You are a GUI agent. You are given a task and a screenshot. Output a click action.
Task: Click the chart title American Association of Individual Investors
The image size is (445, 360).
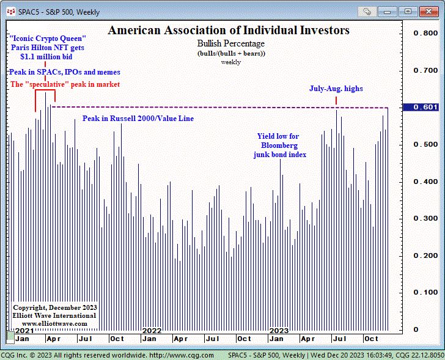point(229,31)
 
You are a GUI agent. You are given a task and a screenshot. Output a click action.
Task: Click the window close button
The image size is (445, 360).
point(427,11)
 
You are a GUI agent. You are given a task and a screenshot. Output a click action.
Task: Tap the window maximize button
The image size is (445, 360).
point(408,11)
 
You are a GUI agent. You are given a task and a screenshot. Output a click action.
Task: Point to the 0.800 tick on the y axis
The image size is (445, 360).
point(425,34)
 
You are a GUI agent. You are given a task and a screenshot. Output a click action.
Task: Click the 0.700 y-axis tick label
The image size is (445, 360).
point(425,70)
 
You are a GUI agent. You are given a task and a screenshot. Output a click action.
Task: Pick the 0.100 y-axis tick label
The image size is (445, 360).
point(425,292)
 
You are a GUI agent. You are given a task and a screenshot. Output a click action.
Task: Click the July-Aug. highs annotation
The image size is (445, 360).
point(336,89)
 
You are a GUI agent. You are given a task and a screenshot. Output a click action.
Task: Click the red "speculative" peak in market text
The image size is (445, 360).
point(65,84)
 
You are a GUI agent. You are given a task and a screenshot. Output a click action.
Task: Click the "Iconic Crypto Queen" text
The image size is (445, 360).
point(48,38)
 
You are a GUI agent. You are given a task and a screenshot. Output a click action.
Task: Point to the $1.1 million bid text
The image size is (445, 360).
point(48,56)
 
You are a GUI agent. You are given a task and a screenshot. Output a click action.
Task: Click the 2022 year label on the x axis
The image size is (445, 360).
point(152,330)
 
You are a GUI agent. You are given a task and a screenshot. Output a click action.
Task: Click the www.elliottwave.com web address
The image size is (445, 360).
point(54,323)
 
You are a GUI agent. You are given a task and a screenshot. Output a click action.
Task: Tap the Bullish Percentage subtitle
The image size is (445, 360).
point(231,44)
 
